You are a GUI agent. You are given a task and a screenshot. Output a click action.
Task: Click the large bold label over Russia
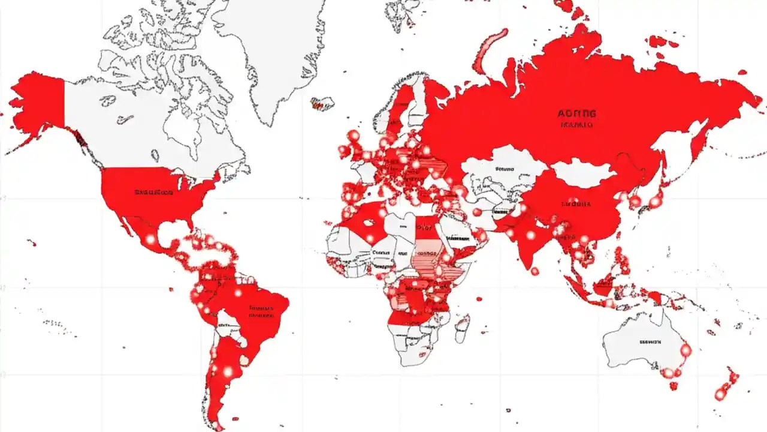click(x=577, y=113)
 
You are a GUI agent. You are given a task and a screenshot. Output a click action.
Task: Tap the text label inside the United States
click(x=153, y=193)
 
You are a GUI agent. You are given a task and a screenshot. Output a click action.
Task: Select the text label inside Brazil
click(x=261, y=310)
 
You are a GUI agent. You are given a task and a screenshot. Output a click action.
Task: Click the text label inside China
click(x=576, y=204)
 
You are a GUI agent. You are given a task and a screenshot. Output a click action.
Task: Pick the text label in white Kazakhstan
click(x=505, y=169)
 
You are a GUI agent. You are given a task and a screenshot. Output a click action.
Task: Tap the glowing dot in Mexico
click(x=150, y=239)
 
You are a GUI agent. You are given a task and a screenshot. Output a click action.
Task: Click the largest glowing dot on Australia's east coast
click(x=686, y=349)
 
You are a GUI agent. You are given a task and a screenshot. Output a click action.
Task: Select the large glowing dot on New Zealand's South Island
click(x=720, y=394)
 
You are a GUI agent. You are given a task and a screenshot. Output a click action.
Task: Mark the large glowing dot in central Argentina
click(x=227, y=372)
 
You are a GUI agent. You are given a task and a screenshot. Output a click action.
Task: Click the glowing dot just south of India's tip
click(x=535, y=271)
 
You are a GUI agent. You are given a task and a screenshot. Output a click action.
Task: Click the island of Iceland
click(x=322, y=103)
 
